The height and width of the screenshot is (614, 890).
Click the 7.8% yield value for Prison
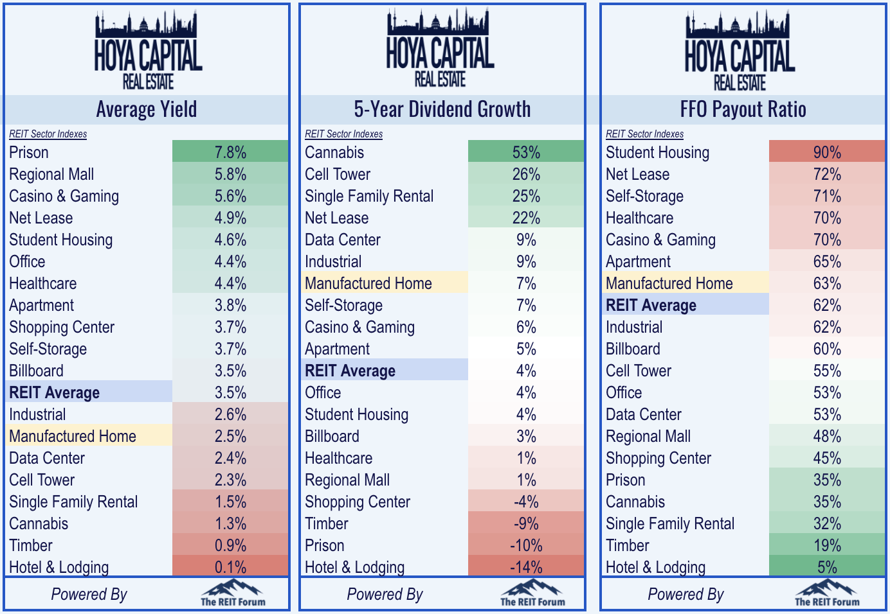click(x=230, y=152)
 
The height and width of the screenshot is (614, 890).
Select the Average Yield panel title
click(x=147, y=110)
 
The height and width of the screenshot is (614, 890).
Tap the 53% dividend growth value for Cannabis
click(x=526, y=152)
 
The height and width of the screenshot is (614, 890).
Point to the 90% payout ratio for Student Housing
click(x=827, y=152)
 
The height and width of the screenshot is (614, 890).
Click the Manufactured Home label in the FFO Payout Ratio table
click(x=669, y=283)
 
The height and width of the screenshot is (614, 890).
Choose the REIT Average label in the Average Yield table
click(x=55, y=392)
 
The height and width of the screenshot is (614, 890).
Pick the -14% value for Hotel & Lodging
click(x=526, y=567)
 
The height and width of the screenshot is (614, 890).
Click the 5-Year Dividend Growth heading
click(x=442, y=110)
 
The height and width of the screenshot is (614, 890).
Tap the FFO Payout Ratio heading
click(x=743, y=110)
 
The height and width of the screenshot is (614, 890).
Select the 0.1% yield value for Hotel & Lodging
click(x=230, y=567)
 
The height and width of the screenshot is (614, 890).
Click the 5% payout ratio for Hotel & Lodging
click(x=827, y=567)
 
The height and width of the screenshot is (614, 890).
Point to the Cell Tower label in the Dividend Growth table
click(x=338, y=174)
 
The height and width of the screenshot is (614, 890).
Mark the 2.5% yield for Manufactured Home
click(x=230, y=436)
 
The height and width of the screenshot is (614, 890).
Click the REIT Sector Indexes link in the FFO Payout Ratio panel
click(x=644, y=134)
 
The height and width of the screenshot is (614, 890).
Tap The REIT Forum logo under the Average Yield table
click(x=233, y=593)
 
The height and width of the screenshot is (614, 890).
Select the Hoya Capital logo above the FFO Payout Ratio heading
click(x=740, y=51)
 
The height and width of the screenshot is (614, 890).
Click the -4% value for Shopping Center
click(x=526, y=502)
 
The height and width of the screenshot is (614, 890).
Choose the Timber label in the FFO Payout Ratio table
click(x=628, y=545)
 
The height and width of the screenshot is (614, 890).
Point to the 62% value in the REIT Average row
click(x=827, y=305)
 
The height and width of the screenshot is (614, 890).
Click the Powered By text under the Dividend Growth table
click(x=385, y=595)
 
